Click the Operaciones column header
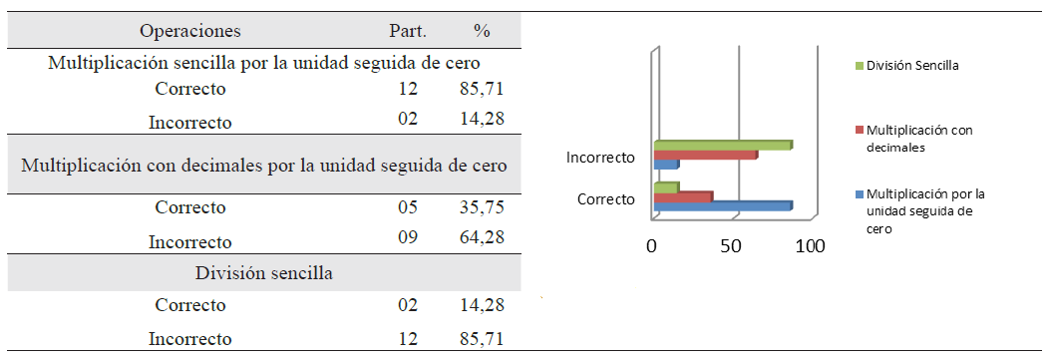click(189, 32)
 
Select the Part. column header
click(406, 32)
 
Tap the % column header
click(482, 32)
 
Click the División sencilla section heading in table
click(264, 272)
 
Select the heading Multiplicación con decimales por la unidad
click(264, 165)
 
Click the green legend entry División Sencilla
click(911, 66)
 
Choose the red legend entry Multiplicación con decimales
click(918, 139)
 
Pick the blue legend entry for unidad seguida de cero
click(924, 210)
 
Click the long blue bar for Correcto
click(722, 206)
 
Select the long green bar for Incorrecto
click(722, 146)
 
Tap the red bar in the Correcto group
click(683, 196)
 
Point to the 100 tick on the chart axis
click(810, 246)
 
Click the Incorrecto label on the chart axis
click(600, 158)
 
